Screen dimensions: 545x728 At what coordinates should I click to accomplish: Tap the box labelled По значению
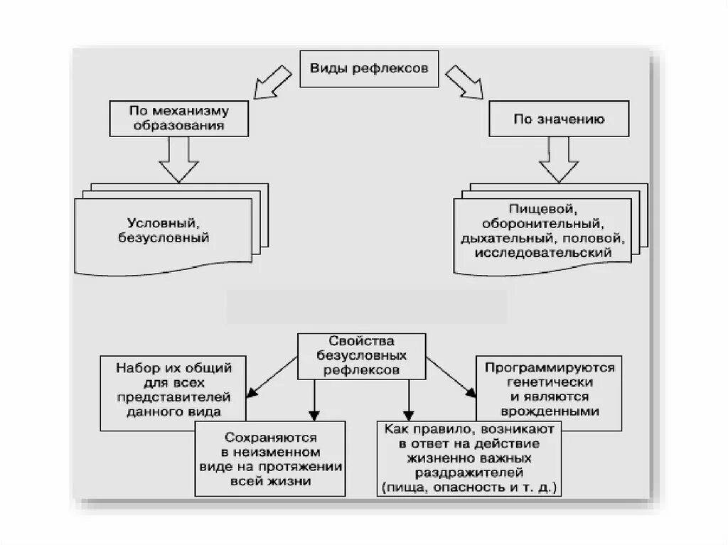559,119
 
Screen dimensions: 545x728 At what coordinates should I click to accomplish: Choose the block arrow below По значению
558,160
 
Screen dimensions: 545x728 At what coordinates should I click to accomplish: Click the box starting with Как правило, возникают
471,458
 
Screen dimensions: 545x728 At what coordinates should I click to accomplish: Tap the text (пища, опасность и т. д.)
471,488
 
